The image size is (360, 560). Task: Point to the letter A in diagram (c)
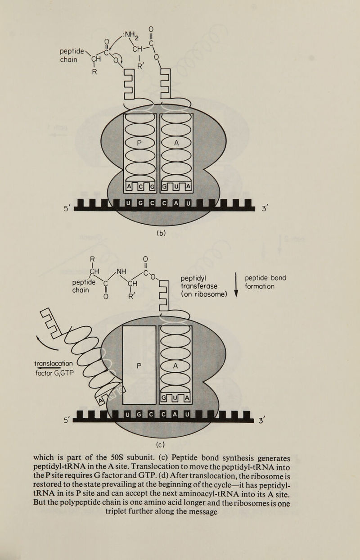point(176,366)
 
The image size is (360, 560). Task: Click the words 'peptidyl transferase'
point(198,282)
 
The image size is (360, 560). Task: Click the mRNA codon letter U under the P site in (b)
point(127,206)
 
